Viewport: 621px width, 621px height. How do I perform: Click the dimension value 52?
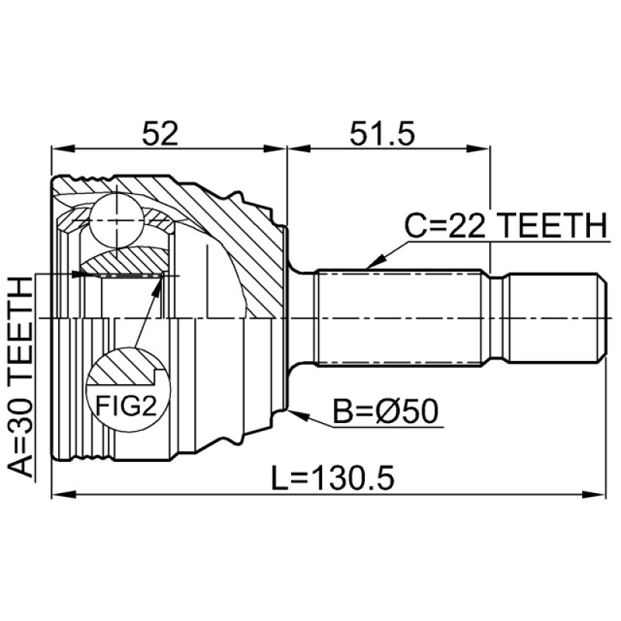point(160,133)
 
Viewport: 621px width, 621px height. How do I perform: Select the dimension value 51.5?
point(382,133)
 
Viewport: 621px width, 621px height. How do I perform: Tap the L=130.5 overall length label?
point(333,478)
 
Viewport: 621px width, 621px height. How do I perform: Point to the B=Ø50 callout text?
point(385,411)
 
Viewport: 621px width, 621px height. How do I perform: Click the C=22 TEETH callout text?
point(506,225)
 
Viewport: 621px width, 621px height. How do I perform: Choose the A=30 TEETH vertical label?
point(20,376)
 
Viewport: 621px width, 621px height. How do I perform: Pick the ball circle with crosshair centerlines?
point(116,220)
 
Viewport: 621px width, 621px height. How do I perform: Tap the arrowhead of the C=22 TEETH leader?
point(375,262)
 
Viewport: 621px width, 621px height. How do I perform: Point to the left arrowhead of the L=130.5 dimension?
point(64,494)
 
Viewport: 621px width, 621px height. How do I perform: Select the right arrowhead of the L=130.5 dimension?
point(594,494)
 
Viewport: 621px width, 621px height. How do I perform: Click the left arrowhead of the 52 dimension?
point(64,149)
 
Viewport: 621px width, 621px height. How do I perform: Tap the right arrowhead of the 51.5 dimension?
point(478,149)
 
